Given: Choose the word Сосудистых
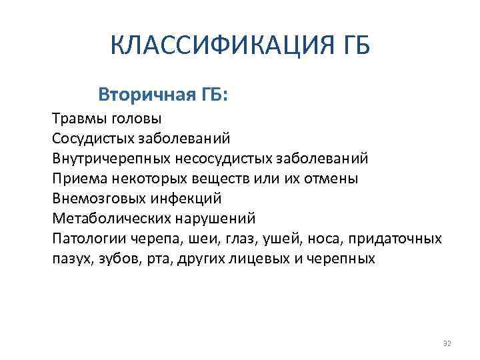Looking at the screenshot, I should [x=92, y=139].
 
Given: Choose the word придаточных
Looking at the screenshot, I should [x=399, y=239].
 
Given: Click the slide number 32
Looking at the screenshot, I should [x=447, y=343].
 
